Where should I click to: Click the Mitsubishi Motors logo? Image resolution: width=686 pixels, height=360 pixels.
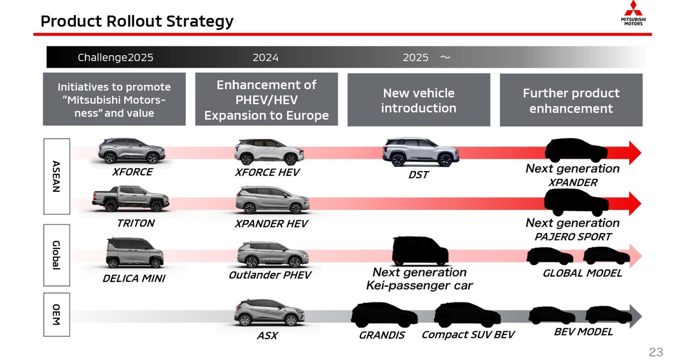click(633, 13)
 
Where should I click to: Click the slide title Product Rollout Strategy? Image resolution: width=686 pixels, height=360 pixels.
click(137, 21)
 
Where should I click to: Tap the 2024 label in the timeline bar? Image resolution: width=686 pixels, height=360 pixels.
click(265, 57)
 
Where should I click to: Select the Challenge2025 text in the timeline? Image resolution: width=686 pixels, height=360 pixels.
click(115, 57)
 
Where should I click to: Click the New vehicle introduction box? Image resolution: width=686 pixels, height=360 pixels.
click(418, 100)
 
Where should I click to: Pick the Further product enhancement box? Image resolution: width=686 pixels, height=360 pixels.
click(571, 100)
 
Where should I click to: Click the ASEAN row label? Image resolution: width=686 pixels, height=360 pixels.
click(56, 176)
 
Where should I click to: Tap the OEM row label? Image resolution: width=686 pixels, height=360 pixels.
click(56, 315)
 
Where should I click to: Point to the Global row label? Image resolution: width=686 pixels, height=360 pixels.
click(56, 255)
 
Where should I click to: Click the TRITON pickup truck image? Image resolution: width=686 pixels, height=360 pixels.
click(131, 199)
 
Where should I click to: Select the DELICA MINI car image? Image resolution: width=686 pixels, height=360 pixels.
click(134, 253)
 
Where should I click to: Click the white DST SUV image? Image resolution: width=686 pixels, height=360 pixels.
click(420, 152)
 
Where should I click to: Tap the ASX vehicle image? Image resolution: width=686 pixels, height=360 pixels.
click(269, 313)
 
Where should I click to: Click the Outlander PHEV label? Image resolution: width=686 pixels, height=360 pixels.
click(270, 275)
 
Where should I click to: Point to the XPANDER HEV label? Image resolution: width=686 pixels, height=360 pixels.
click(271, 224)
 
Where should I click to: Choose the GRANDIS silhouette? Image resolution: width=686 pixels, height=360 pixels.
click(384, 315)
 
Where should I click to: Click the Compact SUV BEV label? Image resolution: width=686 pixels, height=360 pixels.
click(468, 335)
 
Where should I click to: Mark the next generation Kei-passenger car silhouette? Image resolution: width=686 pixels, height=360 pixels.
click(419, 251)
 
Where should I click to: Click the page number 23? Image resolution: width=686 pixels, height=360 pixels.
click(656, 352)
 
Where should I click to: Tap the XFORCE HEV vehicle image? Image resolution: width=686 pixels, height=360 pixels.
click(269, 152)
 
